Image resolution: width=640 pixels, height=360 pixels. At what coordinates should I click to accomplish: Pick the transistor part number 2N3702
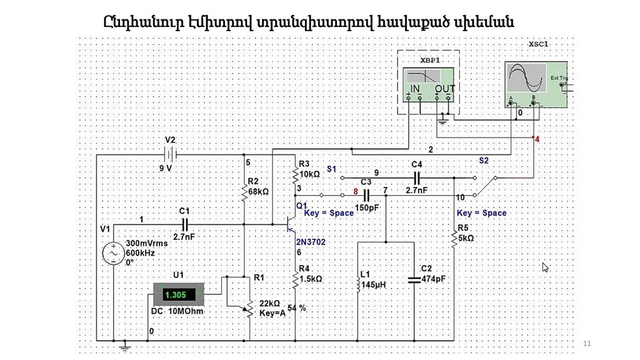click(311, 241)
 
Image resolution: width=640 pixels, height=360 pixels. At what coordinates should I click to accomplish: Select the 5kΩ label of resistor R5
click(466, 237)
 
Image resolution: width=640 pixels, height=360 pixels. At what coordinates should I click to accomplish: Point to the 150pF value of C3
click(367, 207)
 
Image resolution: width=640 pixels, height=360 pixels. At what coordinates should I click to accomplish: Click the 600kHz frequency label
click(140, 252)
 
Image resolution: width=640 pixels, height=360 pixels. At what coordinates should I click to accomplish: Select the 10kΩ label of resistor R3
click(310, 174)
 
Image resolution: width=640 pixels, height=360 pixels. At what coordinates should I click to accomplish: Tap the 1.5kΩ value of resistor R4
click(311, 279)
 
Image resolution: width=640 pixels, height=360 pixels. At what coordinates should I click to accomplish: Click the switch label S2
click(484, 161)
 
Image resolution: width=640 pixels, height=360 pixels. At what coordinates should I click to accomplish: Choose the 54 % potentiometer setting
click(297, 307)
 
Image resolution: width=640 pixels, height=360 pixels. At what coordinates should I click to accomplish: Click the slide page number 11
click(586, 344)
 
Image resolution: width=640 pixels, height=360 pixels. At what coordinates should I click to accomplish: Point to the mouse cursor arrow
click(545, 267)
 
